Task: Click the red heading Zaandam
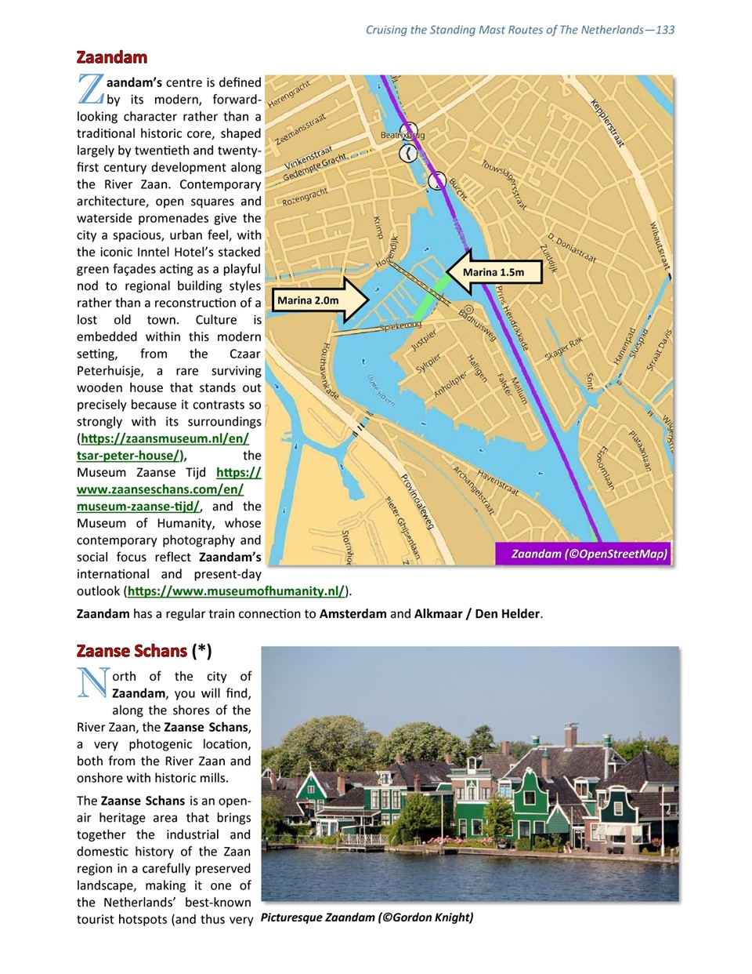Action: [111, 57]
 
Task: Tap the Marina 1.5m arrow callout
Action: [494, 272]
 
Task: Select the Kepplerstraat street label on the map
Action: [608, 123]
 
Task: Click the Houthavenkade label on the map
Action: [330, 371]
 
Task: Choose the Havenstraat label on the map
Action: [497, 482]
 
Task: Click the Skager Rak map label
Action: [564, 348]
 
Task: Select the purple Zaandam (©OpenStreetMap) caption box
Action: [584, 554]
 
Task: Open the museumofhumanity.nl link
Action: [236, 591]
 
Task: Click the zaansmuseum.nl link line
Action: [165, 438]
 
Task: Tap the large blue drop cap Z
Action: [91, 89]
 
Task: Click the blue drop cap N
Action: [92, 682]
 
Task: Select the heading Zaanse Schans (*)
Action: [144, 651]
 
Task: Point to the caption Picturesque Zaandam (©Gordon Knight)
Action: [367, 917]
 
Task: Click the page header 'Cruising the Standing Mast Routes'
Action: [519, 30]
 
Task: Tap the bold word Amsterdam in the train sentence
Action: [352, 613]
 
